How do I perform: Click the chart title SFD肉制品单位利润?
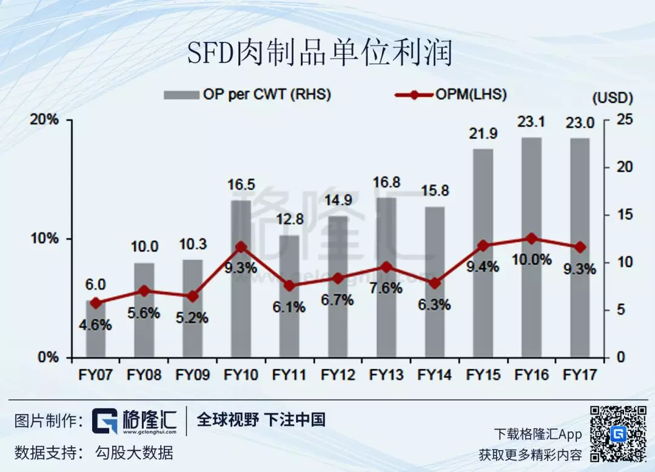pos(320,54)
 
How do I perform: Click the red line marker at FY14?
pos(434,283)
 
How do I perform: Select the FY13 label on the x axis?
pos(386,375)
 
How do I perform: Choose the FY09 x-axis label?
pos(192,375)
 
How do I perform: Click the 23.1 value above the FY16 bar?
pos(532,122)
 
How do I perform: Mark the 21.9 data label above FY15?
pos(483,133)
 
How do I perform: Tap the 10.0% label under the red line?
pos(532,260)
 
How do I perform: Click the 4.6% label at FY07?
pos(95,325)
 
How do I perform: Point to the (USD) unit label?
pos(613,97)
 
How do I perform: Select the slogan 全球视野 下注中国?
pos(261,420)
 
